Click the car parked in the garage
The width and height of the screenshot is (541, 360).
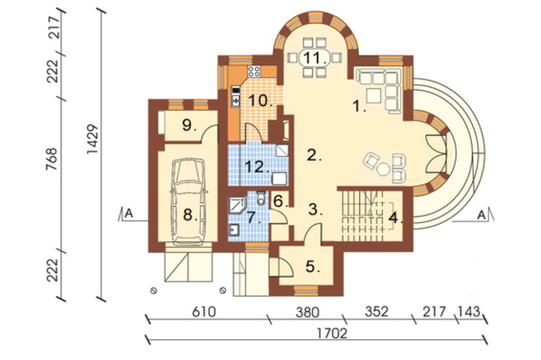point(189,202)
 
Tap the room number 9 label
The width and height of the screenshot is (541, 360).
point(189,125)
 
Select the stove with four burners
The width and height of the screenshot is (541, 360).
point(254,71)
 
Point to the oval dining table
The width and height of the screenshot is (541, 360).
point(314,57)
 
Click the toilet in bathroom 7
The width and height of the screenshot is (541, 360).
point(261,198)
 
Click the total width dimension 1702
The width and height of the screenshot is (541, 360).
point(332,334)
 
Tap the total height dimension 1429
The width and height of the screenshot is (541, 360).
point(93,139)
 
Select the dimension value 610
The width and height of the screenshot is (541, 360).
point(204,312)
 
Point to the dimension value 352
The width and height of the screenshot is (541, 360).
point(377,311)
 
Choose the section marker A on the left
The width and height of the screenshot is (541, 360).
point(129,214)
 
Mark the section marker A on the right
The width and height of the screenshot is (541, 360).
point(481,216)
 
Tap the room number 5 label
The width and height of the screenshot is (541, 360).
point(313,266)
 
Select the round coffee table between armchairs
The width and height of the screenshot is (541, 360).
point(383,169)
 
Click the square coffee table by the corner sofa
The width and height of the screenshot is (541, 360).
point(373,96)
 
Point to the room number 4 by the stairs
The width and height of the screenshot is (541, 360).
point(396,218)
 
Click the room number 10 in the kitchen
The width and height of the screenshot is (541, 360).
point(261,101)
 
